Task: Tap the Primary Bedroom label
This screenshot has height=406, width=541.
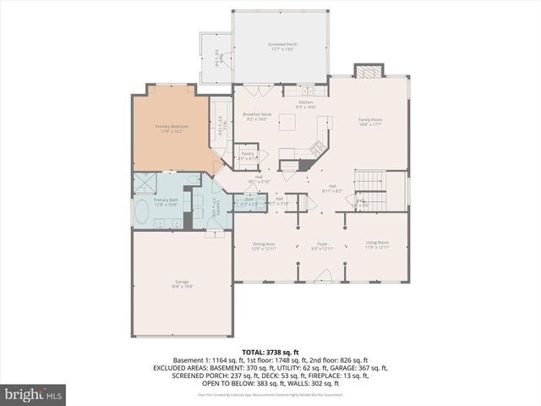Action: click(x=172, y=129)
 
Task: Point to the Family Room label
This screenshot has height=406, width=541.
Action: click(x=371, y=121)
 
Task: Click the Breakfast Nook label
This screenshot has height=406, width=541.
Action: click(x=257, y=117)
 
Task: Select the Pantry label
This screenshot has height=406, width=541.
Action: click(x=248, y=156)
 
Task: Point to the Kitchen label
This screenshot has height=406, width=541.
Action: click(x=305, y=104)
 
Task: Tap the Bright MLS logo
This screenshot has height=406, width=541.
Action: click(x=34, y=394)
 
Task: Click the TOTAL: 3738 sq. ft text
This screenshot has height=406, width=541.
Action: click(x=270, y=351)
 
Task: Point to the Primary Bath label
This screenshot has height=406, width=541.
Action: click(x=165, y=201)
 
